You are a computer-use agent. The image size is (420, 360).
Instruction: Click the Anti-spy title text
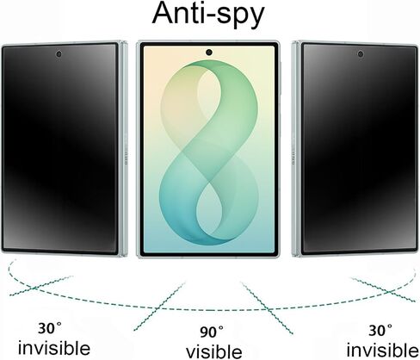tap(207, 14)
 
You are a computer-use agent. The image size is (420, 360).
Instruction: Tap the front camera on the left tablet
tap(59, 54)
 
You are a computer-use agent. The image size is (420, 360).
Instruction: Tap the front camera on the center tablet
tap(209, 53)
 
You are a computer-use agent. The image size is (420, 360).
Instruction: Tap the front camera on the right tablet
tap(361, 53)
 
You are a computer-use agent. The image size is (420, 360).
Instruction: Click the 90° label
tap(212, 332)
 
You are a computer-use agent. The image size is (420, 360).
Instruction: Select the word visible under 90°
tap(213, 351)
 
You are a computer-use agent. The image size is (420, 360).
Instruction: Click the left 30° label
tap(50, 328)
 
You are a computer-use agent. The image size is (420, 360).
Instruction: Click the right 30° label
tap(380, 331)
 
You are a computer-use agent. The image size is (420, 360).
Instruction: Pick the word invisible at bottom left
tap(54, 348)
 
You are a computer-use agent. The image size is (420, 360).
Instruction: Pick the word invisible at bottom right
tap(382, 350)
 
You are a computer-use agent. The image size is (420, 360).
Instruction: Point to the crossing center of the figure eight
tap(209, 181)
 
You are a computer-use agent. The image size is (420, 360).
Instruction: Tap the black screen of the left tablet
tap(59, 148)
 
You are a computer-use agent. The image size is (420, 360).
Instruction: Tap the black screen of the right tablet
tap(360, 148)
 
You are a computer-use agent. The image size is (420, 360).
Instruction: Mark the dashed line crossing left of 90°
tap(157, 308)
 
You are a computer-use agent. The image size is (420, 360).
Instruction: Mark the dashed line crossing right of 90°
tap(267, 308)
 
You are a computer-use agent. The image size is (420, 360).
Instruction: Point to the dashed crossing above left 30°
tap(34, 287)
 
